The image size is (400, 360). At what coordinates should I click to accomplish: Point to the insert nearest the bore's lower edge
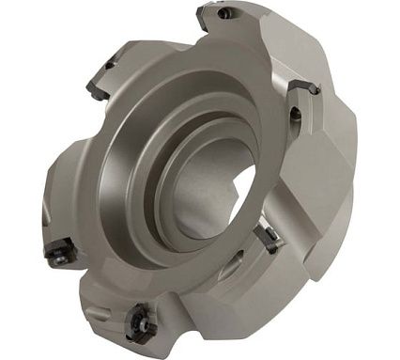click(266, 238)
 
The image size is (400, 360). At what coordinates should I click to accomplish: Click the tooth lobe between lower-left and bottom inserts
click(94, 282)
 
